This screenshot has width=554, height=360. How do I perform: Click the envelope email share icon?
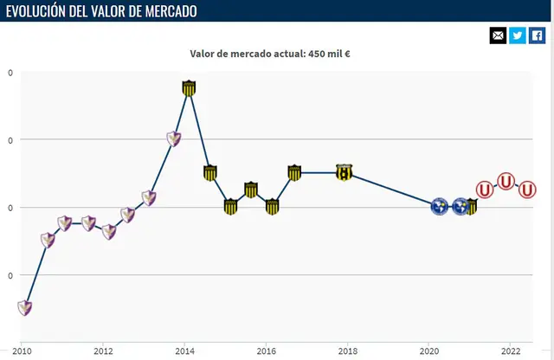pos(498,35)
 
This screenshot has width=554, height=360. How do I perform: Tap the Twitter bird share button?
pos(518,35)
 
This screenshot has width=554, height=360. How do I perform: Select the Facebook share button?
pos(538,35)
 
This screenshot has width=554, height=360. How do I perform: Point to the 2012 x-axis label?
pos(103,351)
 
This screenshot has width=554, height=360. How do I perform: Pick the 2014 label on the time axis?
pos(184,351)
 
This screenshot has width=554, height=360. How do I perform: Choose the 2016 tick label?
pos(266,351)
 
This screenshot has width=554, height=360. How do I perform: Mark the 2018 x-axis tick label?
pos(348,351)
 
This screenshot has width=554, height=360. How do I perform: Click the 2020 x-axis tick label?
pos(429,351)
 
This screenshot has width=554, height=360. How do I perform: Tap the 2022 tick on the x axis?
pos(511,351)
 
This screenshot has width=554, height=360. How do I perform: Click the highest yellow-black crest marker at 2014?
pos(190,87)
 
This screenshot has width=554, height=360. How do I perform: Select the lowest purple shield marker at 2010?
pos(26,307)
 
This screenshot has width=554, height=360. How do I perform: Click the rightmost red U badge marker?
pos(527,190)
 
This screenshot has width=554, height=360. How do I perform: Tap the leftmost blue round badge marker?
pos(439,207)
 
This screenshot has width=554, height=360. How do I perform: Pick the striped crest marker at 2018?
pos(345,172)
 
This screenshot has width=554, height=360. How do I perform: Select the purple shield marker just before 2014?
pos(173,138)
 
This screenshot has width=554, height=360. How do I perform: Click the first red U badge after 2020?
pos(485,188)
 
